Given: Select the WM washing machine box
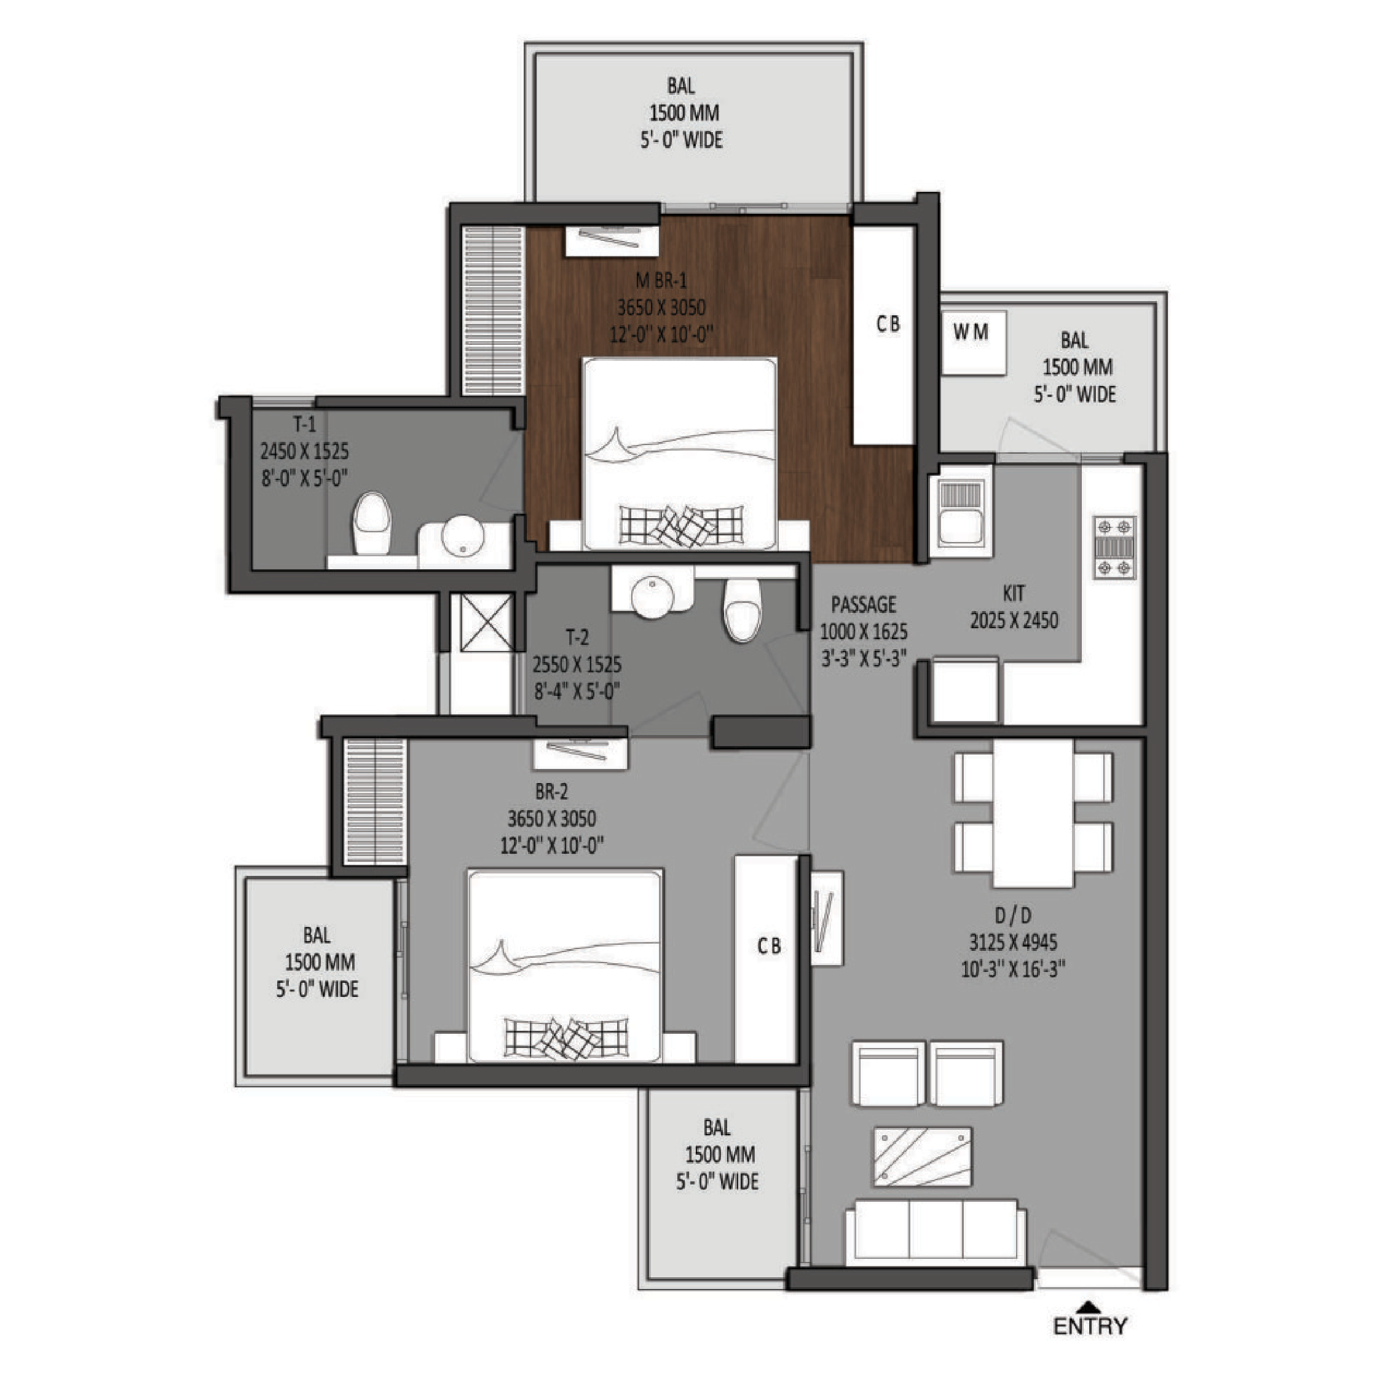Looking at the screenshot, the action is pos(974,342).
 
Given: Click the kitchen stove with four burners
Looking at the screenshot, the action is pos(1114,548).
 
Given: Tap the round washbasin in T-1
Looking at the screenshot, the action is pos(462,535).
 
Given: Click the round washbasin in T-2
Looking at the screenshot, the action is pos(652,597).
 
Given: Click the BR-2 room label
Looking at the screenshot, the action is pos(551,792).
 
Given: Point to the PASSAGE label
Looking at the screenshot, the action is pos(864,605).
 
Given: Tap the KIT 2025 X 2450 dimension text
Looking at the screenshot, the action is pos(1014,621).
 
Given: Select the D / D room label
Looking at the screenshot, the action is pos(1013,916).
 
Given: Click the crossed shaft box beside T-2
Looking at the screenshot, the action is pos(487,622).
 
